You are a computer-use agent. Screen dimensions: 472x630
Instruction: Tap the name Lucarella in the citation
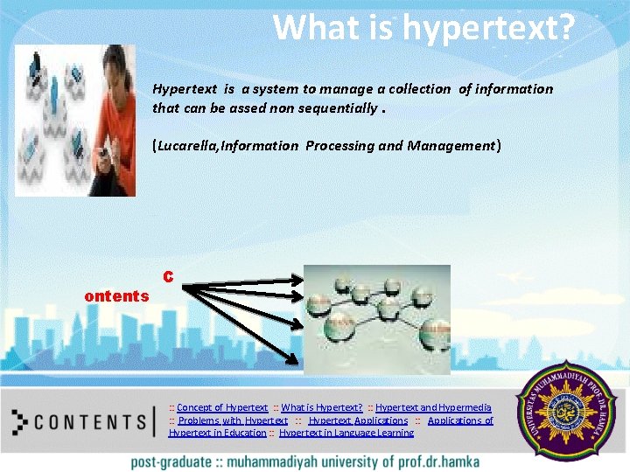[187, 146]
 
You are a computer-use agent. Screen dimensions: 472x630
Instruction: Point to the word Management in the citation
[451, 146]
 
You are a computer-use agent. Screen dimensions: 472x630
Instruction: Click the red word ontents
[116, 296]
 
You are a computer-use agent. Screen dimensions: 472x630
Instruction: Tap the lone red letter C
[168, 277]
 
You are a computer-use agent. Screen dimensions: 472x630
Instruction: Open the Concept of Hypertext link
[221, 407]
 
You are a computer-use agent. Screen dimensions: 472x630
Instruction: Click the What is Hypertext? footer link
[321, 407]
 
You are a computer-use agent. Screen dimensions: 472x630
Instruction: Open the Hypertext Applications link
[358, 420]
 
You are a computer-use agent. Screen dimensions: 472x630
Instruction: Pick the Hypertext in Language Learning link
[346, 433]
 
